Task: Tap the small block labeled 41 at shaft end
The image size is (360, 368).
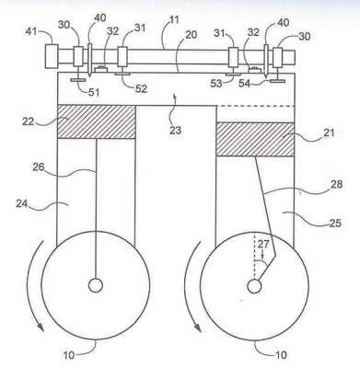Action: click(x=52, y=56)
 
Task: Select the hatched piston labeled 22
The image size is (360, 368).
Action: click(x=97, y=121)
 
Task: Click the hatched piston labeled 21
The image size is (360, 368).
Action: click(x=255, y=140)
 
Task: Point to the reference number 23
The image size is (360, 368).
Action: click(x=175, y=130)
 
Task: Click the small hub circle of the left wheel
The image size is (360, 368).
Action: click(x=96, y=285)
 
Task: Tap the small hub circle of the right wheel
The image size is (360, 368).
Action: click(x=254, y=286)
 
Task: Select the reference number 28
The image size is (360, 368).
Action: click(x=335, y=185)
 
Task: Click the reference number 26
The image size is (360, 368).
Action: click(x=39, y=167)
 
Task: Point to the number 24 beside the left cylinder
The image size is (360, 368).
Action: click(x=23, y=203)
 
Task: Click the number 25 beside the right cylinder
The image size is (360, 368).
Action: click(x=335, y=223)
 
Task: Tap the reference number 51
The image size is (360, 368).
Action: click(x=94, y=92)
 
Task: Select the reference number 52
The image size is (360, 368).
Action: click(x=141, y=88)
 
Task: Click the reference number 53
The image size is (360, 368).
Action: click(x=216, y=84)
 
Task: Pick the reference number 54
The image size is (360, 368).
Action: click(x=245, y=84)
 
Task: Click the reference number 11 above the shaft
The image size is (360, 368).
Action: click(x=174, y=20)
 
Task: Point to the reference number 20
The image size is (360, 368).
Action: click(x=191, y=35)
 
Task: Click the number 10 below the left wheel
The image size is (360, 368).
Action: click(x=69, y=355)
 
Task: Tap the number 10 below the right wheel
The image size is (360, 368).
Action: click(x=281, y=355)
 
